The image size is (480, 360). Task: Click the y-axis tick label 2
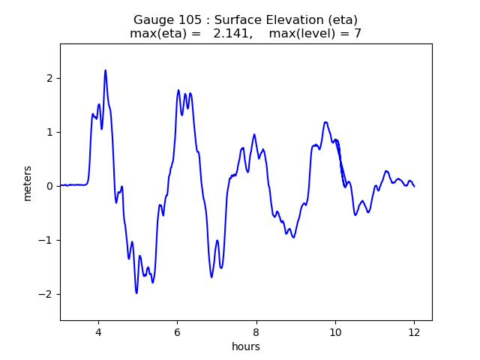[50, 78]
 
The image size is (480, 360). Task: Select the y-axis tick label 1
[50, 132]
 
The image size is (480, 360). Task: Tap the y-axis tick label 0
[50, 186]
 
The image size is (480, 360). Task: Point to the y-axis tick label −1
[46, 240]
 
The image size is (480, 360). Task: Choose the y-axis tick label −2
[46, 294]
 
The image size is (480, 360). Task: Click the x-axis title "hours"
[246, 346]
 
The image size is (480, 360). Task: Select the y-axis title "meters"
[28, 183]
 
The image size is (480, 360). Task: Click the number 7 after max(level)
[358, 33]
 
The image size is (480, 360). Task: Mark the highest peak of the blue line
[106, 70]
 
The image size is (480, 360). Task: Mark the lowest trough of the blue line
[136, 292]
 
